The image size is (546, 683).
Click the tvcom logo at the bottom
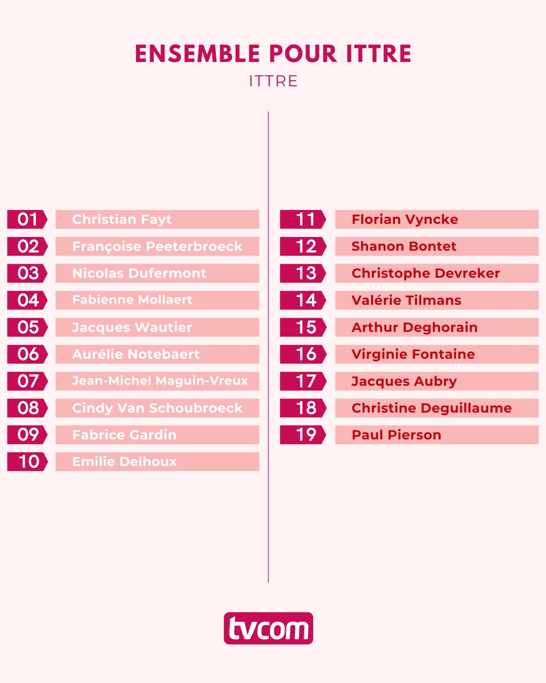click(x=268, y=628)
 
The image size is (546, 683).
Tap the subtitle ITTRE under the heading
click(x=273, y=81)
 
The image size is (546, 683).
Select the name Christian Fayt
click(x=122, y=220)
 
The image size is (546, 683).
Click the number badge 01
click(x=27, y=220)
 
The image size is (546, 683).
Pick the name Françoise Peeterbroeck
click(x=157, y=247)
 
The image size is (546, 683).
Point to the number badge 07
click(x=27, y=381)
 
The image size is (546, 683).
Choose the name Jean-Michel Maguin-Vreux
click(x=160, y=381)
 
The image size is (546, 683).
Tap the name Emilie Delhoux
click(x=125, y=462)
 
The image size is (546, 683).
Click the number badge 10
click(x=27, y=462)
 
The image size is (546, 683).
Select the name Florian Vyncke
click(x=405, y=220)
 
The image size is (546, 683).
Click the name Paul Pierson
click(x=396, y=435)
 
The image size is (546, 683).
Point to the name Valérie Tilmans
click(x=406, y=301)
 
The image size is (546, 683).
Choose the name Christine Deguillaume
click(x=432, y=408)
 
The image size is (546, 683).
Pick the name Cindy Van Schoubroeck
click(x=157, y=408)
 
